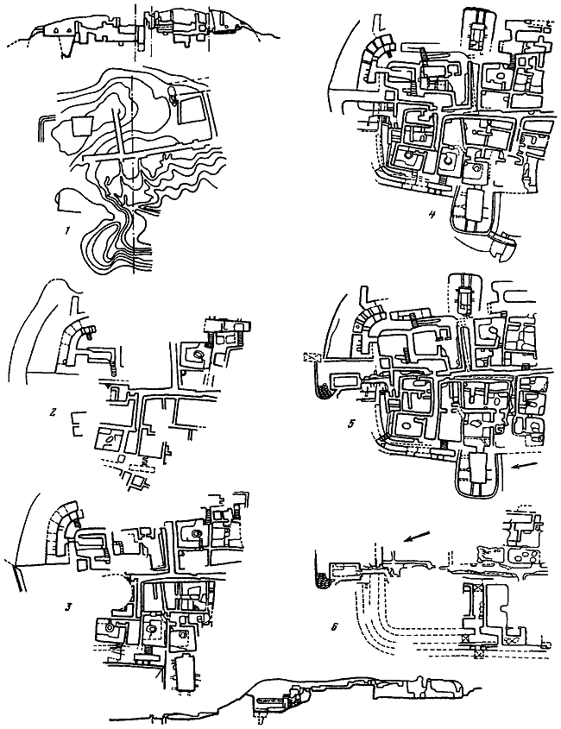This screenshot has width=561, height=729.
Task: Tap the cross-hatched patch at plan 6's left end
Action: tap(325, 581)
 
